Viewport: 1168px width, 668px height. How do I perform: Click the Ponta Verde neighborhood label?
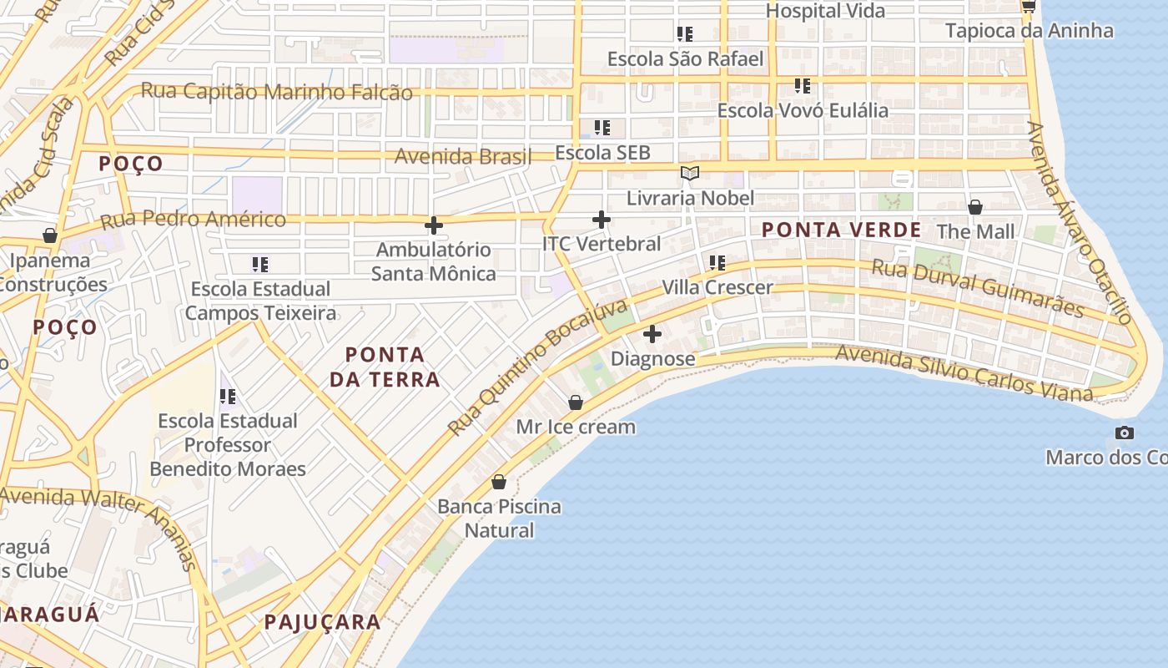[841, 230]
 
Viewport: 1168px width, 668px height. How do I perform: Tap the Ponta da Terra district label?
[385, 367]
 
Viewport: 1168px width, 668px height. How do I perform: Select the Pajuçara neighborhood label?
[322, 622]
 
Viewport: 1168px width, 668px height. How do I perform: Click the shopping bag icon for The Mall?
[974, 207]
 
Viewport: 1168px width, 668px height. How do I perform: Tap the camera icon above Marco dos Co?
[1124, 433]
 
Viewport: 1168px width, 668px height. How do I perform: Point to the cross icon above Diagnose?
[652, 335]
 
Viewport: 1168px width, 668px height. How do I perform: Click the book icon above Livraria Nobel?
[689, 174]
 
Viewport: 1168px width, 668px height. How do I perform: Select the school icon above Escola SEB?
[602, 128]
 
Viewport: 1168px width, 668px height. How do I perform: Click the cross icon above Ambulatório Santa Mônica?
[433, 225]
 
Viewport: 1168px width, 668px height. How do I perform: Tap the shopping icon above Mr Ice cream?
[575, 402]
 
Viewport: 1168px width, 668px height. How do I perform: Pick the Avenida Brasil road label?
[462, 156]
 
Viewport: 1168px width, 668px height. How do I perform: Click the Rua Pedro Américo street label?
[193, 220]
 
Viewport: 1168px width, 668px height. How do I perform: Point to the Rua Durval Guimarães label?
[978, 288]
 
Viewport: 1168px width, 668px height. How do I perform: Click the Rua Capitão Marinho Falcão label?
[276, 92]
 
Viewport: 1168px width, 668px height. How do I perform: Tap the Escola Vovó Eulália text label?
[803, 110]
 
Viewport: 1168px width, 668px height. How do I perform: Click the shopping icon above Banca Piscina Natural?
[499, 482]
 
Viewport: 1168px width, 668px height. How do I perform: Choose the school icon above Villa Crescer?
[717, 263]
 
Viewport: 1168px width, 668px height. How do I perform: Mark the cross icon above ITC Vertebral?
[601, 220]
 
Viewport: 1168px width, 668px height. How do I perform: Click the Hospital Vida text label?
[825, 11]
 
